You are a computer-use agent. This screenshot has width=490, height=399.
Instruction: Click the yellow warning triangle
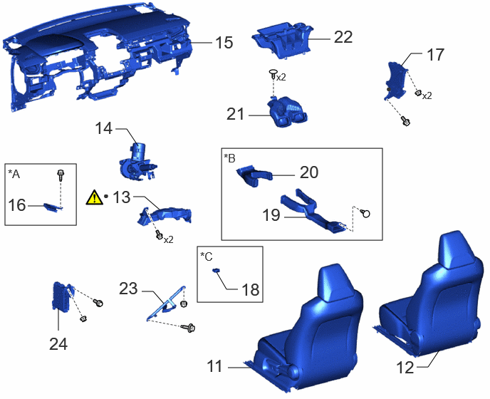[95, 197]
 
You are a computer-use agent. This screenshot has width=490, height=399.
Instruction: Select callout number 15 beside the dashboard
[224, 43]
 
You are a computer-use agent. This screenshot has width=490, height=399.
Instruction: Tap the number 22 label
[343, 37]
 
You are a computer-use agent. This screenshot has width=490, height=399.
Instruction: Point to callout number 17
[435, 55]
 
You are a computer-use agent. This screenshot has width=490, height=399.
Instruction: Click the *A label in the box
[14, 174]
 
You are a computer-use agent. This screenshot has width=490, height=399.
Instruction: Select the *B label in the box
[229, 158]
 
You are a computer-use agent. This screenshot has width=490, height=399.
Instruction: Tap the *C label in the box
[207, 256]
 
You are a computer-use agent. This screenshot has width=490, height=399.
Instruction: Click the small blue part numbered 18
[216, 270]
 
